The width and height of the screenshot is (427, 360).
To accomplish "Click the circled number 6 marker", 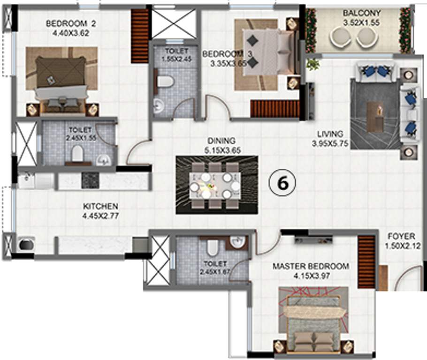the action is click(x=282, y=183).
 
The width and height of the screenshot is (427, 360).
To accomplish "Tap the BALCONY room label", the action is click(x=361, y=13).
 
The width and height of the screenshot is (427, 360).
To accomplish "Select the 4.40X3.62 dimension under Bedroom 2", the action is click(x=71, y=33).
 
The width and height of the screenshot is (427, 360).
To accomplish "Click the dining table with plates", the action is click(x=215, y=186).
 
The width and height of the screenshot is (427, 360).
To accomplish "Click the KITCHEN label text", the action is click(x=100, y=206).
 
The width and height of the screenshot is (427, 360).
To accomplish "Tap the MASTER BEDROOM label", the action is click(x=311, y=266).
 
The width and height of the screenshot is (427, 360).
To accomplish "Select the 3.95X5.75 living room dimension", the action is click(x=330, y=143).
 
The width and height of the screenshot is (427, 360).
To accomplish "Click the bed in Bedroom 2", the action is click(x=62, y=85).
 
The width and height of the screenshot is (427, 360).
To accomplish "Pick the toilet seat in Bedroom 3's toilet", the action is click(x=165, y=82).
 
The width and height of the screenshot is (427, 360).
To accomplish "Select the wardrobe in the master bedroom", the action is click(x=366, y=262).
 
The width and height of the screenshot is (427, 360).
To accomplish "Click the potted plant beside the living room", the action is click(x=313, y=65).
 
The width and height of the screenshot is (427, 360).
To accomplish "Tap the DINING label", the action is click(x=221, y=141).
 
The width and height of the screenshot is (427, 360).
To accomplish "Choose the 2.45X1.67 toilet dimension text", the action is click(x=215, y=271).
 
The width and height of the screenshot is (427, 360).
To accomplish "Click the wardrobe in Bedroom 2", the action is click(x=140, y=36).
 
